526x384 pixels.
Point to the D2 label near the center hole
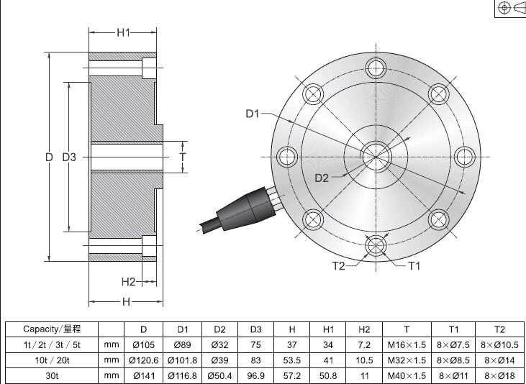pos(321,178)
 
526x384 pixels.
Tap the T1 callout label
pos(414,266)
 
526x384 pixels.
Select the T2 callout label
pos(339,266)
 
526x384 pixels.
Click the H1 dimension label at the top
pos(123,32)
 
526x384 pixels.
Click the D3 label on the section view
pos(69,157)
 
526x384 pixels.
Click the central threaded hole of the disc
pos(375,154)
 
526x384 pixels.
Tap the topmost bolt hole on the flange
pos(375,68)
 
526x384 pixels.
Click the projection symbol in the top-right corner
pos(510,8)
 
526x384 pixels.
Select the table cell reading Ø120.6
pos(143,360)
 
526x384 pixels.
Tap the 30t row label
pos(51,375)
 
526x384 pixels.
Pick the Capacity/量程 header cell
pos(51,329)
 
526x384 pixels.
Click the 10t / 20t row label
pos(51,360)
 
